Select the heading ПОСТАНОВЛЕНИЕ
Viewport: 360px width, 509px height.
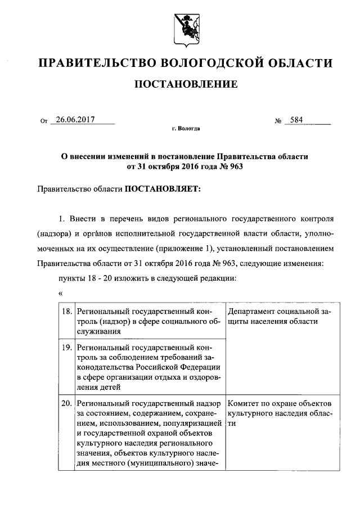(x=184, y=85)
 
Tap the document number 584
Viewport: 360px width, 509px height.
(x=296, y=119)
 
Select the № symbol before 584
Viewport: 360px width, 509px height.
(x=278, y=120)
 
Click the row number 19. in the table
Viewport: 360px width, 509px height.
(x=67, y=348)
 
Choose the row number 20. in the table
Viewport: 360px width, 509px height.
(x=67, y=403)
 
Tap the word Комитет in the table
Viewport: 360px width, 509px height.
(x=244, y=403)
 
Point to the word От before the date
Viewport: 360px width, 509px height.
(x=44, y=120)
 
